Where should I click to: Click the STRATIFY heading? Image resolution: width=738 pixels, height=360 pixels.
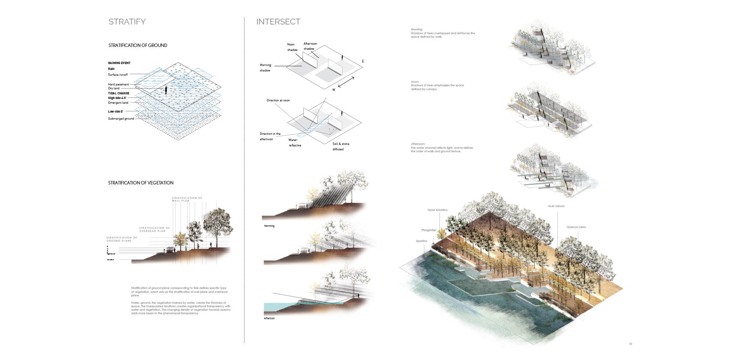pyautogui.click(x=127, y=22)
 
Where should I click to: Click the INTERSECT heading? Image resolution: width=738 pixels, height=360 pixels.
pyautogui.click(x=278, y=22)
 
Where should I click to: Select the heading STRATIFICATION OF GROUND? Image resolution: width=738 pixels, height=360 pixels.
pyautogui.click(x=138, y=45)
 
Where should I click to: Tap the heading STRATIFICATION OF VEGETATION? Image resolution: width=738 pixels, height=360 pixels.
pyautogui.click(x=141, y=183)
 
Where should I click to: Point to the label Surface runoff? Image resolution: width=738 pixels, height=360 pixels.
pyautogui.click(x=118, y=75)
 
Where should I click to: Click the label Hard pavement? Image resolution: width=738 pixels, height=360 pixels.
pyautogui.click(x=118, y=84)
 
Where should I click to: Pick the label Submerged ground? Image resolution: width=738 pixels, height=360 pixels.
pyautogui.click(x=121, y=118)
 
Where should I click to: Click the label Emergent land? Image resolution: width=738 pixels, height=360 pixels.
pyautogui.click(x=118, y=103)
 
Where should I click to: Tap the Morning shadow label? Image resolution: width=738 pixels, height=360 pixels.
pyautogui.click(x=265, y=68)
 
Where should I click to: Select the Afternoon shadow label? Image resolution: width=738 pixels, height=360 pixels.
pyautogui.click(x=310, y=46)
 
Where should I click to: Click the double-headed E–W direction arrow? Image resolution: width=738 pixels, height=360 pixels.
pyautogui.click(x=346, y=82)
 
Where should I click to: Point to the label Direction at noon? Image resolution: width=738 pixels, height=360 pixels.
pyautogui.click(x=278, y=101)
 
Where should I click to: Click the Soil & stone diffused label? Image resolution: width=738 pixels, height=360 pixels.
pyautogui.click(x=340, y=146)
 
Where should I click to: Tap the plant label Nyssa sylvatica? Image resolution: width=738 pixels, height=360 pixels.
pyautogui.click(x=437, y=210)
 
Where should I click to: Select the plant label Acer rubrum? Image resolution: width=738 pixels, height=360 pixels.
pyautogui.click(x=556, y=206)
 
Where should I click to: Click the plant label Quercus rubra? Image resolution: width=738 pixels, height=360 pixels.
pyautogui.click(x=576, y=227)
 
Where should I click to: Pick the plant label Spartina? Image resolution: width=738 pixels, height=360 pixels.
pyautogui.click(x=421, y=241)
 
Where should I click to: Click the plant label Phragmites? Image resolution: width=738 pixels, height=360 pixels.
pyautogui.click(x=428, y=230)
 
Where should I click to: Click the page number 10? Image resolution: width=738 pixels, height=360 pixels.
pyautogui.click(x=630, y=344)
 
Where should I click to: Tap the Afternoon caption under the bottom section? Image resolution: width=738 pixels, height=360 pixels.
pyautogui.click(x=269, y=318)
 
